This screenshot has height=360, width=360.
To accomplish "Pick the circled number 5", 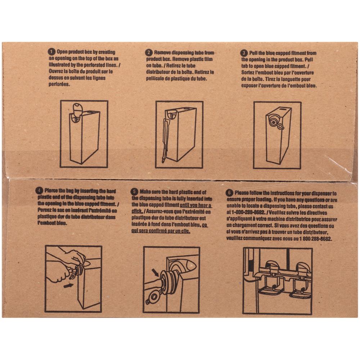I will click(x=135, y=192).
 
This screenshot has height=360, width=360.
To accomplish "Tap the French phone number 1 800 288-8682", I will click(x=315, y=239).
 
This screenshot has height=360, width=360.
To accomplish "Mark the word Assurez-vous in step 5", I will click(x=161, y=212).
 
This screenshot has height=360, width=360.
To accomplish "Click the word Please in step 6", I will click(x=243, y=193).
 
